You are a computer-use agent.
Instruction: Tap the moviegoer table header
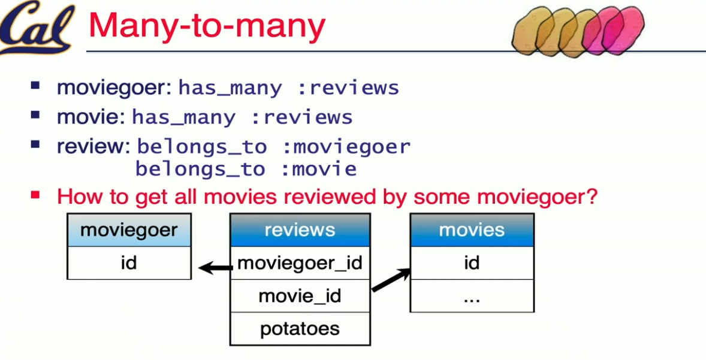(x=129, y=230)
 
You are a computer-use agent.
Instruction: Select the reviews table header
(x=300, y=230)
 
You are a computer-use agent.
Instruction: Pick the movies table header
(x=472, y=230)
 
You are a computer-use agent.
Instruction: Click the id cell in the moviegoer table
(x=129, y=263)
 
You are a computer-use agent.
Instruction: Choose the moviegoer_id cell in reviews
(x=300, y=263)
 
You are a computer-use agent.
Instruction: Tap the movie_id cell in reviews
(x=300, y=296)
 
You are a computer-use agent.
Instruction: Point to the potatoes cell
(x=300, y=329)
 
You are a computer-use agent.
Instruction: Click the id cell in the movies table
(x=472, y=263)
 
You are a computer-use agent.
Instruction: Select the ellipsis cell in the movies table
(x=472, y=296)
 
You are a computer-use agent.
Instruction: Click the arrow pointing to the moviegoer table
(x=215, y=268)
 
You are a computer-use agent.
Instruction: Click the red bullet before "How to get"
(x=35, y=195)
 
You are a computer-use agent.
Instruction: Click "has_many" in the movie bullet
(x=183, y=117)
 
